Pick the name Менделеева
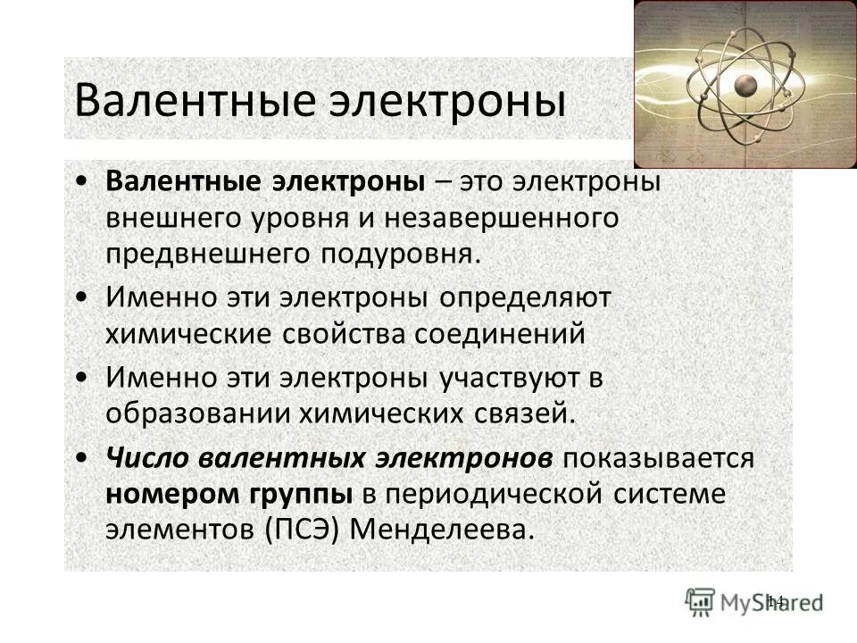(x=445, y=530)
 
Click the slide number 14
(x=774, y=600)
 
